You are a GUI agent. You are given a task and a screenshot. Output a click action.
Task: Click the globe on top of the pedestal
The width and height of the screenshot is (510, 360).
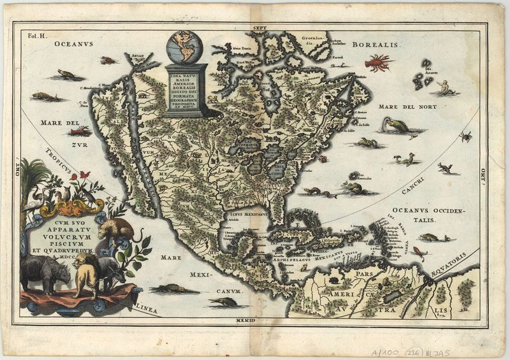(184, 47)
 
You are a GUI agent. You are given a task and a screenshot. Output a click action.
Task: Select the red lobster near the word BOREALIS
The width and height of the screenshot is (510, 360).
(378, 62)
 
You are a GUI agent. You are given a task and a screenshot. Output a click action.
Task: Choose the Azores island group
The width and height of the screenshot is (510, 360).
(423, 75)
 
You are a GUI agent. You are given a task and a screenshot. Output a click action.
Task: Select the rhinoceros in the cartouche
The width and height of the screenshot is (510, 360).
(45, 273)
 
